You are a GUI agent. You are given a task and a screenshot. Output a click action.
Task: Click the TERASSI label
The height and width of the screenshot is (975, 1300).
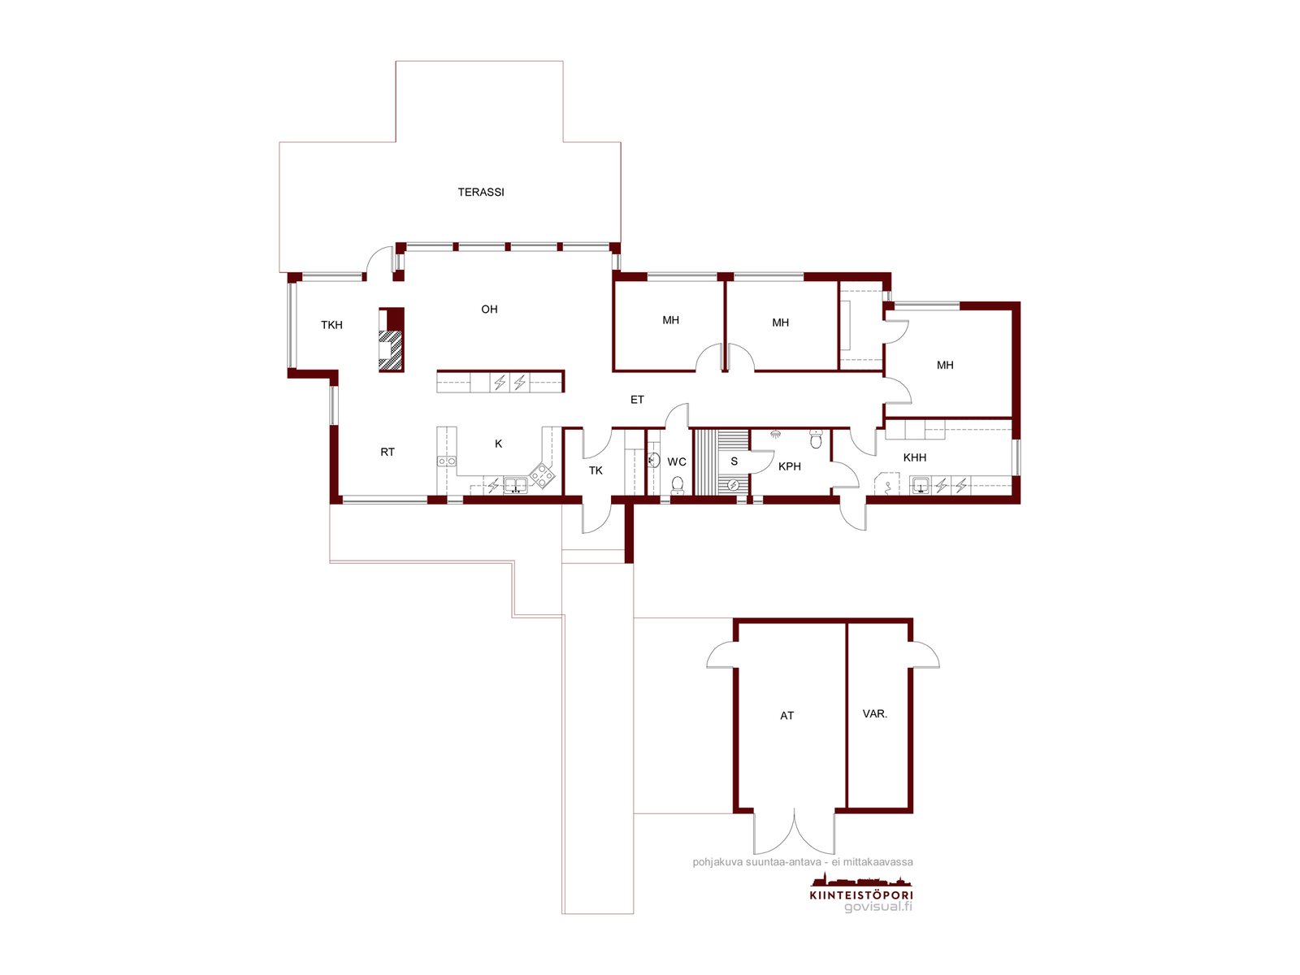[480, 192]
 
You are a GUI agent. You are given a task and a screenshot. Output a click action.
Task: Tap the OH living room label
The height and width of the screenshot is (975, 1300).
[489, 309]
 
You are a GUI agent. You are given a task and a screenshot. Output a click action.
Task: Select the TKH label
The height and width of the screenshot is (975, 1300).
[331, 325]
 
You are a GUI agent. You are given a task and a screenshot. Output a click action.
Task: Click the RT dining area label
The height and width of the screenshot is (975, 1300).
[388, 453]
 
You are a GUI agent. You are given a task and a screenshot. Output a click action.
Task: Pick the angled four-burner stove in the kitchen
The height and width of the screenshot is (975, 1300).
[543, 475]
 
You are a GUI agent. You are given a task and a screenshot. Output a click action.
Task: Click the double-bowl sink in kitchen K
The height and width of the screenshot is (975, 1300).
[515, 485]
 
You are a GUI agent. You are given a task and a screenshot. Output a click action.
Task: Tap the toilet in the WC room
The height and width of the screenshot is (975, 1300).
[677, 485]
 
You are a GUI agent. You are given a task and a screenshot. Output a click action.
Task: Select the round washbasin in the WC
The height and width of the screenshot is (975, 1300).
[654, 460]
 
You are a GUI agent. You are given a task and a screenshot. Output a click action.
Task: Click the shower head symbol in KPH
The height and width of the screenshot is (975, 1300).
[775, 435]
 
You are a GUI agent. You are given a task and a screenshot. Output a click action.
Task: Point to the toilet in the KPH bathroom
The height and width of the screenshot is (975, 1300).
[816, 439]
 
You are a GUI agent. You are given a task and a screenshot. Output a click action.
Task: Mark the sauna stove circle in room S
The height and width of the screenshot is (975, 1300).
[733, 485]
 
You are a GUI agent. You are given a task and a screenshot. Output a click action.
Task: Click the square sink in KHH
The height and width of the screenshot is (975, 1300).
[920, 485]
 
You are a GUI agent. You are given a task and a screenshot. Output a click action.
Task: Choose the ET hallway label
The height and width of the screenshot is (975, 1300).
[637, 401]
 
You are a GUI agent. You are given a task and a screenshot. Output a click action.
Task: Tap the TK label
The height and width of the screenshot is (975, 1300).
[596, 470]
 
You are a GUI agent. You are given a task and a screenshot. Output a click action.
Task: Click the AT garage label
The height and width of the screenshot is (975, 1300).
[786, 716]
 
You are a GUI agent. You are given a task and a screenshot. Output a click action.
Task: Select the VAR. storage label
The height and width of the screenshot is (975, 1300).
[875, 714]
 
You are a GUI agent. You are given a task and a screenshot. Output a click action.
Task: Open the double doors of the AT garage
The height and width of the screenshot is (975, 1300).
[794, 832]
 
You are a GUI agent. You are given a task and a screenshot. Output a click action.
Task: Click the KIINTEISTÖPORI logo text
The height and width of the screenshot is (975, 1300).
[860, 895]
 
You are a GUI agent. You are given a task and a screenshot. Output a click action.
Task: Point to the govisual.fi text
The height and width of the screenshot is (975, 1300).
[878, 906]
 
